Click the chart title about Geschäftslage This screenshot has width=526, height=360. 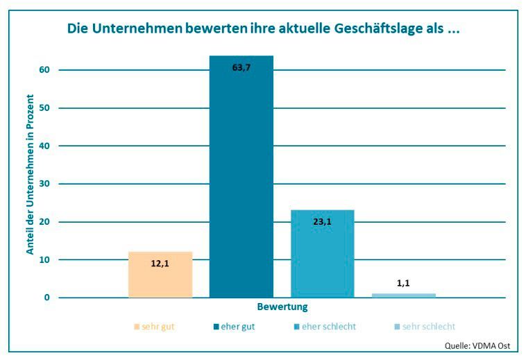point(263,29)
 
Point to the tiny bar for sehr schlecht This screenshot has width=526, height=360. point(404,295)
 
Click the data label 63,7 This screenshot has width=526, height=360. point(241,68)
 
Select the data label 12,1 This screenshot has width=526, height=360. point(160,264)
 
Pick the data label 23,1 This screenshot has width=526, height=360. point(322,222)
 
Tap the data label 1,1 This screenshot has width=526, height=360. point(404,283)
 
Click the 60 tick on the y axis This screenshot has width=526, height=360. point(45,70)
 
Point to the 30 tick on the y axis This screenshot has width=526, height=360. point(45,184)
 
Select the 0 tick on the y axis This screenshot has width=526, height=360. point(47,298)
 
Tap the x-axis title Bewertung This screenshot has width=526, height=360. point(282,307)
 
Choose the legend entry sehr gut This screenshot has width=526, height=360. point(155,326)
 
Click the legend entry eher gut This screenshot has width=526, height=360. point(234,326)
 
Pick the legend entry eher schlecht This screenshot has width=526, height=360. point(325,326)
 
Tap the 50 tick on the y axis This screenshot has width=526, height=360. point(45,108)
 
